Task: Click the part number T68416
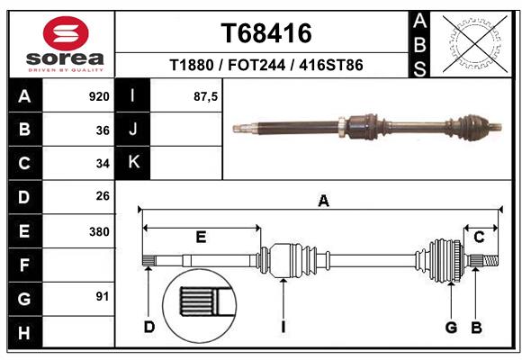[x=266, y=33]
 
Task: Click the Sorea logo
[x=66, y=44]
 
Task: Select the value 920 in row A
[x=98, y=96]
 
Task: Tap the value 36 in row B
[x=103, y=130]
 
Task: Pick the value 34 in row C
[x=103, y=164]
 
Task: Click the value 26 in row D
[x=103, y=197]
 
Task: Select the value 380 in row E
[x=98, y=231]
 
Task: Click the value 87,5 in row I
[x=206, y=96]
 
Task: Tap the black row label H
[x=23, y=332]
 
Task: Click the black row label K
[x=133, y=163]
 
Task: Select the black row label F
[x=23, y=265]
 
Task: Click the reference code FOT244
[x=265, y=66]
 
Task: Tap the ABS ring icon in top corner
[x=473, y=41]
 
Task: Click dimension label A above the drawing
[x=323, y=202]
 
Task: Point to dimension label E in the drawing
[x=201, y=238]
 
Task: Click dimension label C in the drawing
[x=480, y=238]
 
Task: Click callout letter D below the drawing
[x=149, y=326]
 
